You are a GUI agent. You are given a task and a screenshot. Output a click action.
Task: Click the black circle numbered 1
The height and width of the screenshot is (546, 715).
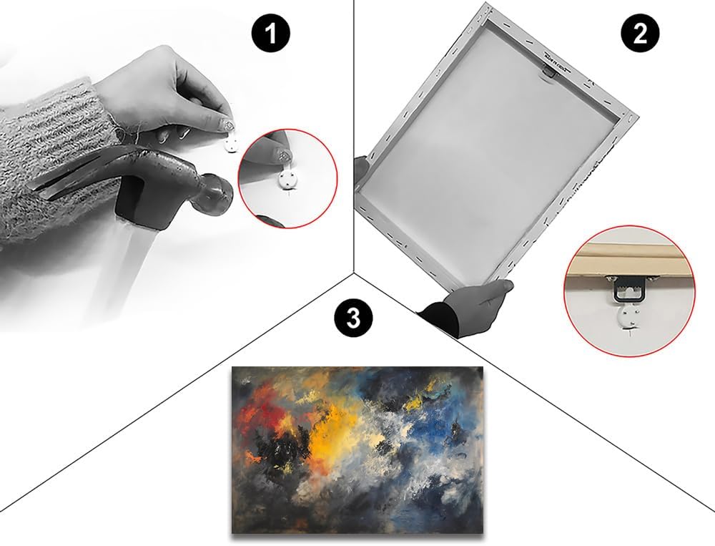click(x=271, y=34)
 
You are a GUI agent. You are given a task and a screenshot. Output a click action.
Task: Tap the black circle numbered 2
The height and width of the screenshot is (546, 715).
click(x=640, y=34)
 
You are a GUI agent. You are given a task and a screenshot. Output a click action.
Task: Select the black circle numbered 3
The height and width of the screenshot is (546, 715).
click(x=353, y=318)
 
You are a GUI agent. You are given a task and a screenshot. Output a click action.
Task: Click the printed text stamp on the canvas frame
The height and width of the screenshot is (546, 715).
click(x=554, y=61)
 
